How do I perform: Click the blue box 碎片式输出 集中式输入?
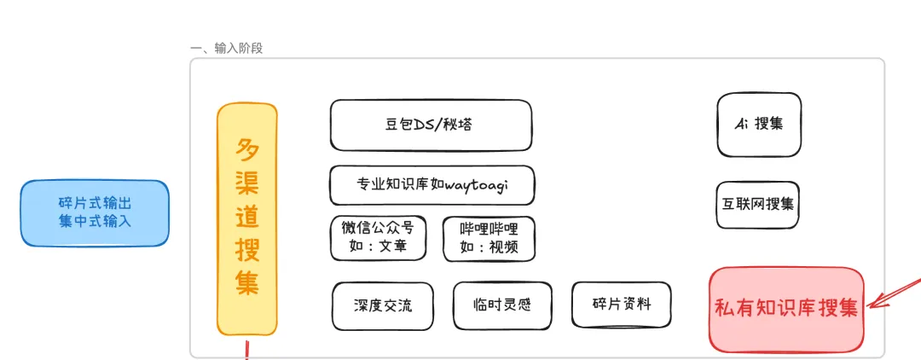(95, 213)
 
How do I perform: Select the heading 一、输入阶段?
(227, 48)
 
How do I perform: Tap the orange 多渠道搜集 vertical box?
(246, 219)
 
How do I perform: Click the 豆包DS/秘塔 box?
(432, 125)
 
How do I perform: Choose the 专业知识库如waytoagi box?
(432, 185)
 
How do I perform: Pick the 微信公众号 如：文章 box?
(378, 238)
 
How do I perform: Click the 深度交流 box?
(383, 306)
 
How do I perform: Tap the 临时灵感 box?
(503, 305)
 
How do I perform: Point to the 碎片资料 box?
(622, 305)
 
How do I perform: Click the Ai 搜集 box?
(759, 125)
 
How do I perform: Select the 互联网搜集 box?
(758, 205)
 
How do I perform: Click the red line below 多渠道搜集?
(246, 350)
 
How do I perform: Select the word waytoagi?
(477, 186)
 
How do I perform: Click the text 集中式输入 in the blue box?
(95, 222)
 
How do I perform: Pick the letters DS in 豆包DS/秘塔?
(422, 125)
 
